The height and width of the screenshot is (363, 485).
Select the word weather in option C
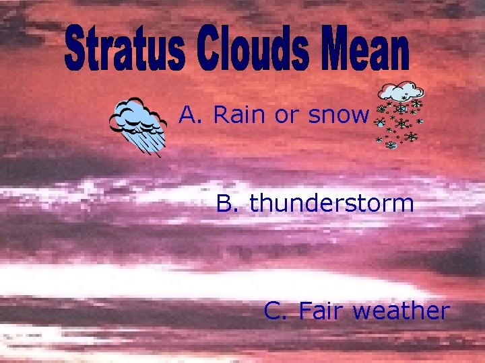click(400, 311)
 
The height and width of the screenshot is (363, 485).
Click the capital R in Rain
click(221, 116)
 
